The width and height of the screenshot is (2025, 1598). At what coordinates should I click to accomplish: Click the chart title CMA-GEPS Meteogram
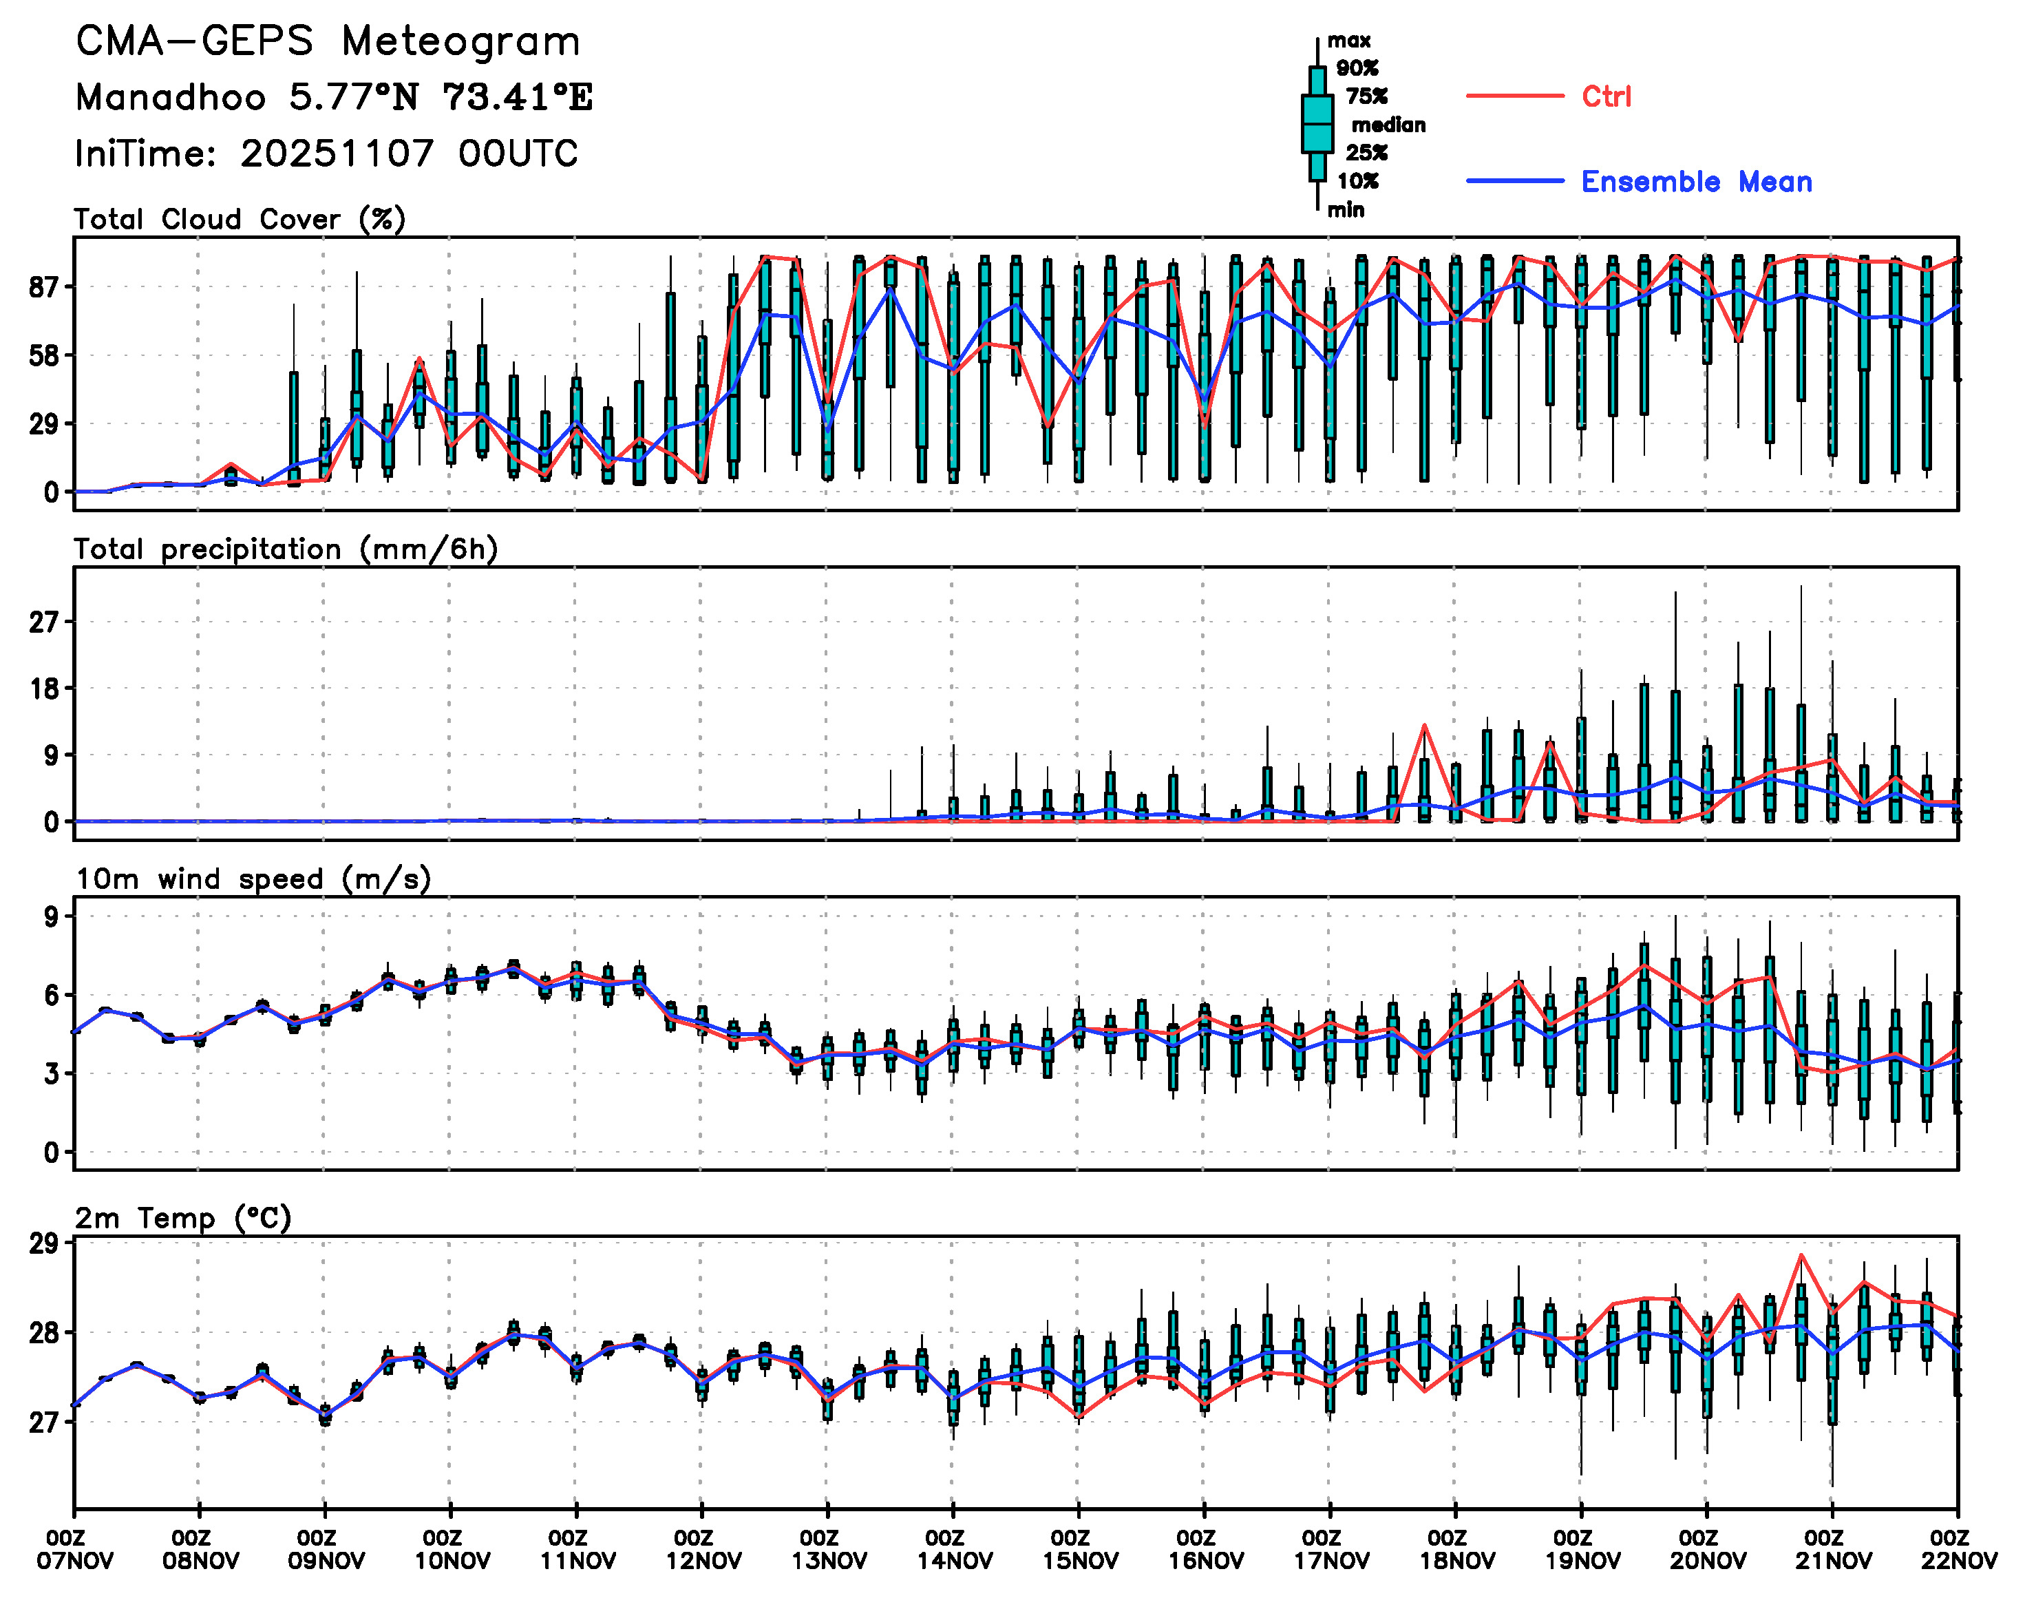point(328,41)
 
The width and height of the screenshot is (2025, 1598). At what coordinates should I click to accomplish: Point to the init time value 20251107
point(337,154)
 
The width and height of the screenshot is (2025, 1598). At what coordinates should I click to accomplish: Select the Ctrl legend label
point(1606,96)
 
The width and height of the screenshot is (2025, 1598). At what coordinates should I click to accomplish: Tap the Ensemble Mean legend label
point(1696,182)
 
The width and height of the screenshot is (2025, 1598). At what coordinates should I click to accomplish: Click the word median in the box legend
point(1388,125)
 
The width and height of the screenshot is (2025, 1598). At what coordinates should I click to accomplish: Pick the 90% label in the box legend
point(1356,67)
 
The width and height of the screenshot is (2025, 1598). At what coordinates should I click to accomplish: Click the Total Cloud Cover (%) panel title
point(240,219)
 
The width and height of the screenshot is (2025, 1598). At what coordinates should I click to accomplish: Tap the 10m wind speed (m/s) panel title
point(253,879)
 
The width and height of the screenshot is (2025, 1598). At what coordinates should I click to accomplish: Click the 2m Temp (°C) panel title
point(183,1217)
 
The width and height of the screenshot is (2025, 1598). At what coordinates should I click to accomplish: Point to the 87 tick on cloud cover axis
point(45,287)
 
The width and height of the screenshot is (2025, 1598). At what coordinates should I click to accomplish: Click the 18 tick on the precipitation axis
point(45,688)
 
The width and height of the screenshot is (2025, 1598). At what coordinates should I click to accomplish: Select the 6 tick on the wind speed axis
point(52,995)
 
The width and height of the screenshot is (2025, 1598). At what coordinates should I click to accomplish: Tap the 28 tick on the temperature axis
point(45,1332)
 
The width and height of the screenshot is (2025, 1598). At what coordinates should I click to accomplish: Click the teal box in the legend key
point(1317,123)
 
